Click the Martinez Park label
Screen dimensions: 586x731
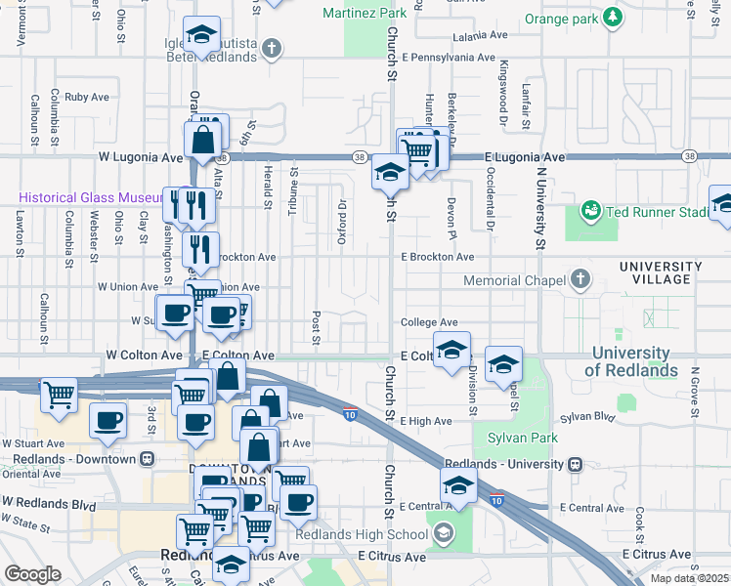(x=365, y=14)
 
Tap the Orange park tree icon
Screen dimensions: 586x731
(x=613, y=17)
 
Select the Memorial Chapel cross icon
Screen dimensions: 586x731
(x=581, y=281)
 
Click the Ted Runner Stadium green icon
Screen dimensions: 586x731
(x=590, y=210)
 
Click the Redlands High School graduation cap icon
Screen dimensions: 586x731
(x=445, y=533)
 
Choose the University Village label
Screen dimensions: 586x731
(x=661, y=273)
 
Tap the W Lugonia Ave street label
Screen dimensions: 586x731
(x=141, y=156)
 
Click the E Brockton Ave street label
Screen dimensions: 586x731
(x=438, y=257)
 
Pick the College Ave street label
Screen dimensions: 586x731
(x=429, y=322)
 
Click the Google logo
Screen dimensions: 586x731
(x=32, y=574)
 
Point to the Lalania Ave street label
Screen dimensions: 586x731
(x=480, y=35)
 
